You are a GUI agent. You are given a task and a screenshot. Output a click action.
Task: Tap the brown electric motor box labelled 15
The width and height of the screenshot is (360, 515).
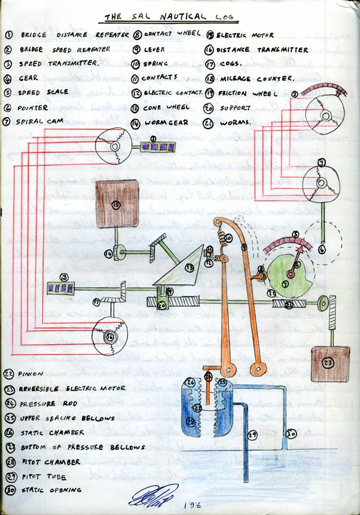117,205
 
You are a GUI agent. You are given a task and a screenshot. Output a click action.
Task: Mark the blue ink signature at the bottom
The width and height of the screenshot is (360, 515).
152,495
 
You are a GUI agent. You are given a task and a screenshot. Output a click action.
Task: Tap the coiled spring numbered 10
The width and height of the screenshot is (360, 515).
227,237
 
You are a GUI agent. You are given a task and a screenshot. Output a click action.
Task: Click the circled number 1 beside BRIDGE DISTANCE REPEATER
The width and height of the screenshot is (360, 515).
9,35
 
